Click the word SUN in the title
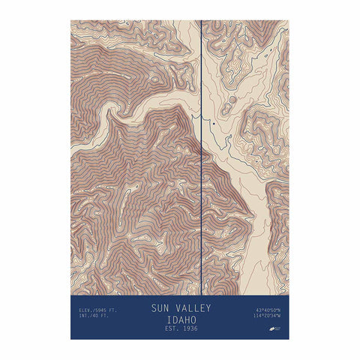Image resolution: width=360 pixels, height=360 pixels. pyautogui.click(x=161, y=307)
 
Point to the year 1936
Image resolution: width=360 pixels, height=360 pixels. pyautogui.click(x=191, y=328)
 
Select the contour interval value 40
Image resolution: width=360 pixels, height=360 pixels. pyautogui.click(x=91, y=316)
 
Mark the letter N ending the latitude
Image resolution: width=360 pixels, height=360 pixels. pyautogui.click(x=278, y=310)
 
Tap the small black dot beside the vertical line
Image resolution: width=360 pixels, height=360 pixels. pyautogui.click(x=213, y=122)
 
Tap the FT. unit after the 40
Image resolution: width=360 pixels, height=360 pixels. pyautogui.click(x=99, y=316)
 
